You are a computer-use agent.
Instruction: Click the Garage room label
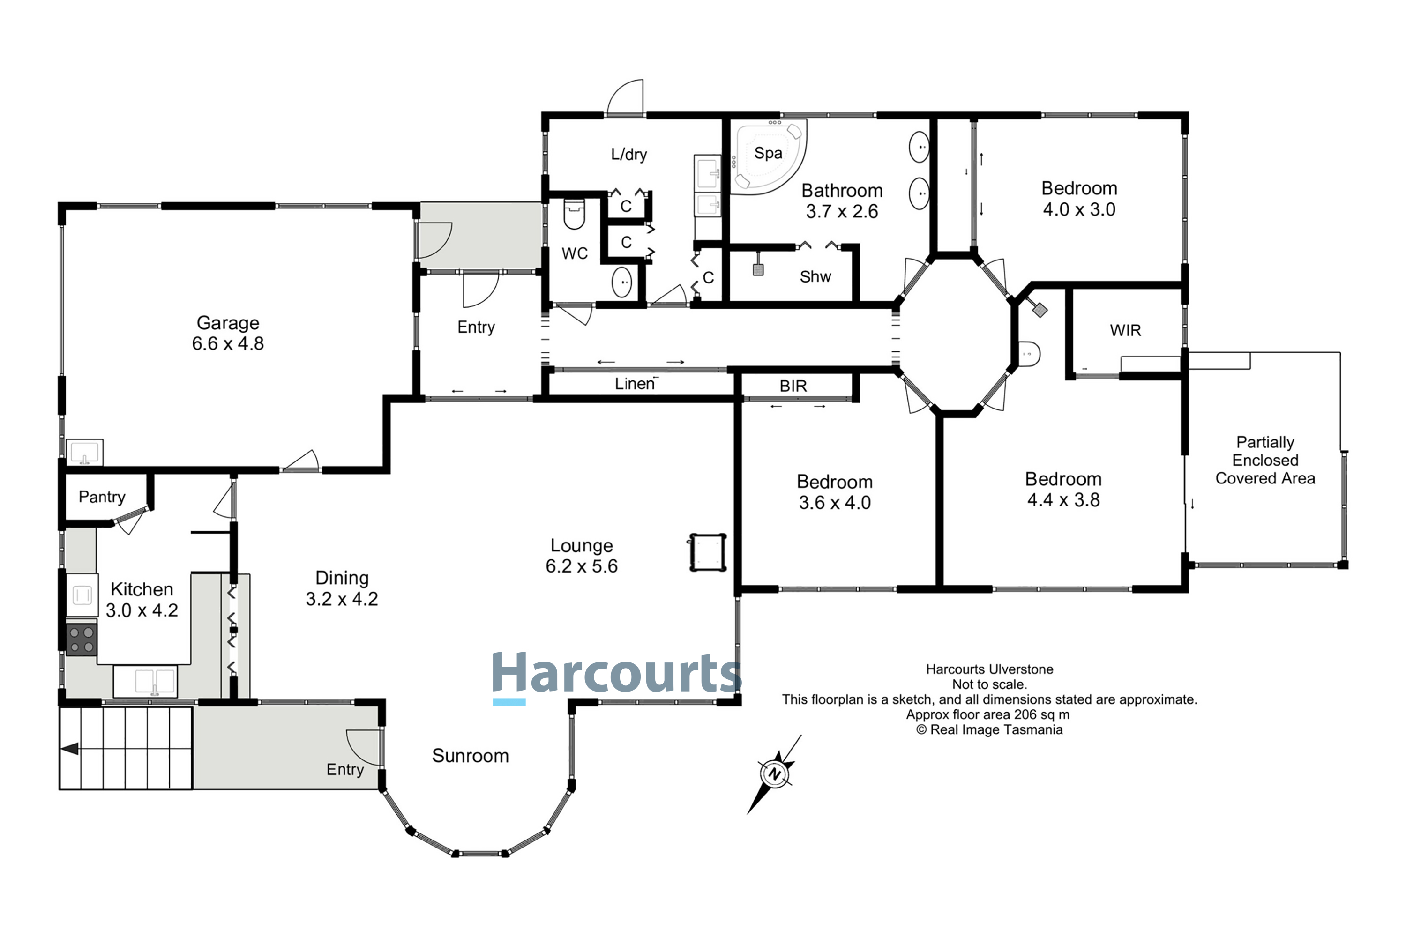[x=228, y=323]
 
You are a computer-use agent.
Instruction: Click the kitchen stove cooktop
[x=81, y=640]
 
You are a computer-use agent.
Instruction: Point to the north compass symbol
[x=775, y=774]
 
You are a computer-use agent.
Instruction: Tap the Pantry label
[x=102, y=497]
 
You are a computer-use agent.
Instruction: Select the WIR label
[x=1125, y=330]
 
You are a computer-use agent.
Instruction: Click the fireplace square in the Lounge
[x=707, y=553]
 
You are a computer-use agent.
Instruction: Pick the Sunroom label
[x=471, y=756]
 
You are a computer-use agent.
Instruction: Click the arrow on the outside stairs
[x=70, y=749]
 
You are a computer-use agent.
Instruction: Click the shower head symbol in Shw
[x=758, y=269]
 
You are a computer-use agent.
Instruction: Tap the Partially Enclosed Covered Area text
[x=1265, y=460]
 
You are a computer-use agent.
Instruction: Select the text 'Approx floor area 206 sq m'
[x=987, y=715]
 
